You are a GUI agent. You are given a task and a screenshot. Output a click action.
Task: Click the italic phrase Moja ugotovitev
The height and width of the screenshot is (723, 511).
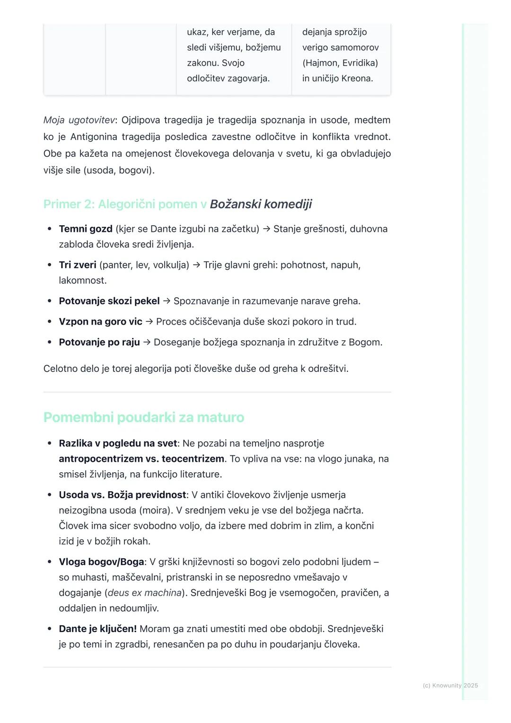(79, 120)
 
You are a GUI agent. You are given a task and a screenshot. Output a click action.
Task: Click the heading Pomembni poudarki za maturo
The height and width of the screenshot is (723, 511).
(144, 417)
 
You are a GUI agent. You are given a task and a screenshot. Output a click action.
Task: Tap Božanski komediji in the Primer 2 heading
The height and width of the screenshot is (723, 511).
(261, 204)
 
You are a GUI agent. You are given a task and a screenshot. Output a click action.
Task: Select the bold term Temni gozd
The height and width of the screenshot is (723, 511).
(86, 229)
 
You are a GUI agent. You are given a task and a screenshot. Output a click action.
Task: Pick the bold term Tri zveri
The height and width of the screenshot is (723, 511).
(78, 265)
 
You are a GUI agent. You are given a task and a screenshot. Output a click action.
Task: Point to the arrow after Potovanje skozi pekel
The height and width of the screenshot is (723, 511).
(167, 301)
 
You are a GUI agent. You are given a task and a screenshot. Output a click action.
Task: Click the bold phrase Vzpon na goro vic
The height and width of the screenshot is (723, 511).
(100, 322)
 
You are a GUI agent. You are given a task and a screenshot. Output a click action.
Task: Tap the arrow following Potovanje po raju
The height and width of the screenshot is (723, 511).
(147, 342)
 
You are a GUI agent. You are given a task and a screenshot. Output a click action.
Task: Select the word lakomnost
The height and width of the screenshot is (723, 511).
(83, 281)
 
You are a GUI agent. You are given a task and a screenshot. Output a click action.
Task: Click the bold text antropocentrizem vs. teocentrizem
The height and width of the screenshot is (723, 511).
(141, 459)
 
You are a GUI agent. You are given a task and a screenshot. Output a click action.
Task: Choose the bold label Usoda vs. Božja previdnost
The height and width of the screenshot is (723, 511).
(123, 495)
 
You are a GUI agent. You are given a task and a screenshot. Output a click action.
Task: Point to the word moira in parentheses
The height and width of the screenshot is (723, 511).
(156, 511)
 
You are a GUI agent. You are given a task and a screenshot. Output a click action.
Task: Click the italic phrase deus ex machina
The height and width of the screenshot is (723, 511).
(145, 593)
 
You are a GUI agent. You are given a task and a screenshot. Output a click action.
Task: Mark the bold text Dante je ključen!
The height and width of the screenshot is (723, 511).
(97, 629)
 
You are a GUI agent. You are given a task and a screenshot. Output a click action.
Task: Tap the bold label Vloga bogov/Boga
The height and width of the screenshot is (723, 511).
(101, 562)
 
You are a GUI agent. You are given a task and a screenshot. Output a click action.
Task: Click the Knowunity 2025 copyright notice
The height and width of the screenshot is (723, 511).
(450, 685)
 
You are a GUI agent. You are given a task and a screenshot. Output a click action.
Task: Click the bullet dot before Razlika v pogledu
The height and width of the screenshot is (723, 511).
(49, 443)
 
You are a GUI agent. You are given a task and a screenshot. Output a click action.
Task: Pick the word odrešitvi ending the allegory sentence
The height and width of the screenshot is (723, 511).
(327, 369)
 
